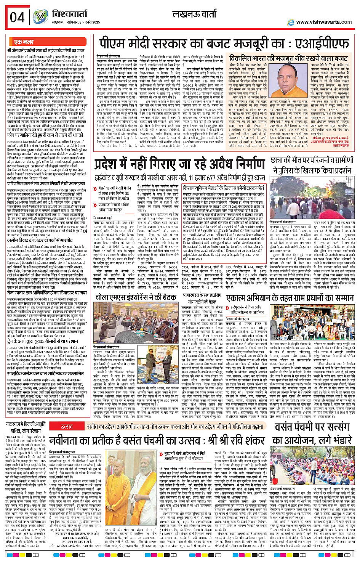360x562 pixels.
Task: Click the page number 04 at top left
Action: tap(18, 18)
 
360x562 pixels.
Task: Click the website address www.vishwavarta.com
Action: tap(324, 22)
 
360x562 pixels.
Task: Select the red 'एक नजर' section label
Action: tap(24, 42)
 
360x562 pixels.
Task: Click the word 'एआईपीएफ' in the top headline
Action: tap(322, 45)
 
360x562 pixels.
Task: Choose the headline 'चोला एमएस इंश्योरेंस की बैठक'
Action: tap(136, 297)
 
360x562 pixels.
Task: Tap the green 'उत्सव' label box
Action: tap(67, 427)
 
